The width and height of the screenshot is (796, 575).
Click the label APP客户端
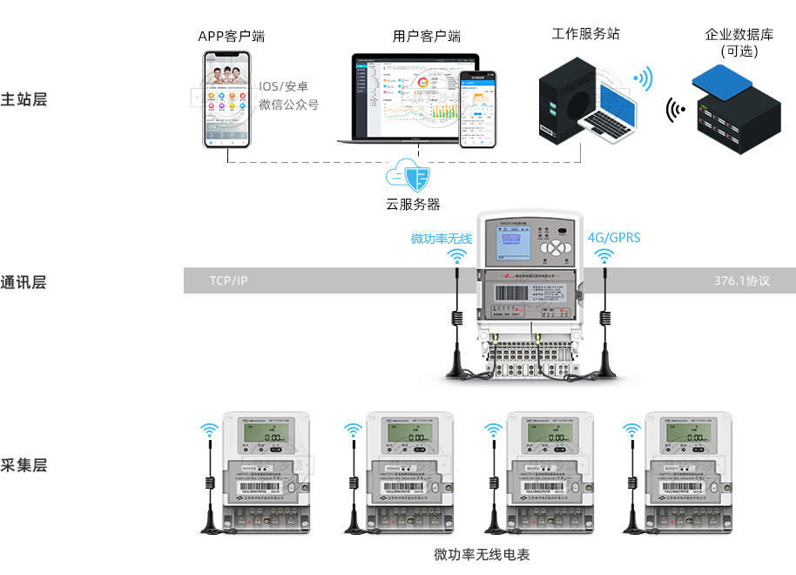point(231,37)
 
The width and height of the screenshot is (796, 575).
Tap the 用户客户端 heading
point(426,37)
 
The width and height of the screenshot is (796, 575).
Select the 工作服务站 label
point(585,35)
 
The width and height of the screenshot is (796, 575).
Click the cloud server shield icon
point(412,176)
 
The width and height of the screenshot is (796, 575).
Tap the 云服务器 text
point(413,205)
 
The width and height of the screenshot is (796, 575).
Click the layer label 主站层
point(24,98)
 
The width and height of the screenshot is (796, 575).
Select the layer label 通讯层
point(24,281)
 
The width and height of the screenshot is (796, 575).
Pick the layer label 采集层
point(24,464)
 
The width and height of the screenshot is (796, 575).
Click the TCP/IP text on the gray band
point(229,281)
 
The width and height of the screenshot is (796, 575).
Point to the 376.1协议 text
point(742,281)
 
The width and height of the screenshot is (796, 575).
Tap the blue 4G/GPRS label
point(614,237)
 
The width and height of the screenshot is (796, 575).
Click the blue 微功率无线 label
point(442,238)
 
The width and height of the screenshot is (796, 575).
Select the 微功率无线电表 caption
point(482,554)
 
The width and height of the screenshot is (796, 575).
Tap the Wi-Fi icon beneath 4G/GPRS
point(603,256)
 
